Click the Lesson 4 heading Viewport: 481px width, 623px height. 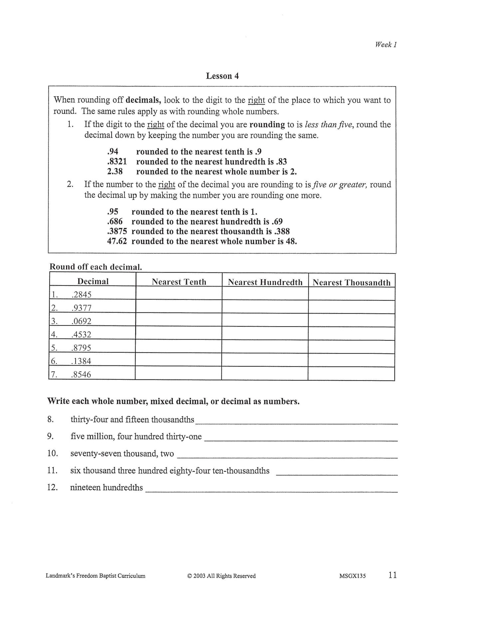click(x=222, y=76)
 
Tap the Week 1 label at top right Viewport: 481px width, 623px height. click(x=386, y=45)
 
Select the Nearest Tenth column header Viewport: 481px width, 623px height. click(x=179, y=282)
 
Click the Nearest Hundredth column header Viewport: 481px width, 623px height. click(x=265, y=282)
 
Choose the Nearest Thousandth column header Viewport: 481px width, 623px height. click(x=351, y=283)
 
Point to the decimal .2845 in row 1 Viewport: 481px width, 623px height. click(x=81, y=295)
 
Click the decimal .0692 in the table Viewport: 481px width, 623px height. click(x=81, y=321)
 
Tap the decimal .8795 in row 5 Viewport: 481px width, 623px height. click(x=81, y=348)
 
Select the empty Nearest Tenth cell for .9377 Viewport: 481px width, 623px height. click(x=179, y=307)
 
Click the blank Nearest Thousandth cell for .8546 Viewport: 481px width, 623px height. click(x=351, y=373)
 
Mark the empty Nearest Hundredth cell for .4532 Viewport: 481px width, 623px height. click(x=265, y=333)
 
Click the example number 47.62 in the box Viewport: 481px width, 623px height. click(x=117, y=241)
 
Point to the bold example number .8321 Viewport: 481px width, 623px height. click(x=117, y=162)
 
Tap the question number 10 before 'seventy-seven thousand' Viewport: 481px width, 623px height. click(x=53, y=453)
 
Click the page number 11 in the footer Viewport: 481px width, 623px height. click(x=392, y=575)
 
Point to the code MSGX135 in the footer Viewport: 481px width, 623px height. click(x=351, y=576)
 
